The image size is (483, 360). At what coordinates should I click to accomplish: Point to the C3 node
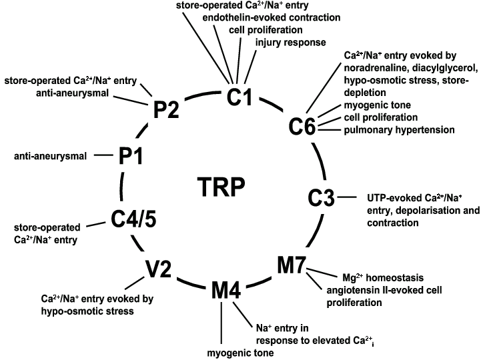[324, 197]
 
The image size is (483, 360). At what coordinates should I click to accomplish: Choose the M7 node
[291, 265]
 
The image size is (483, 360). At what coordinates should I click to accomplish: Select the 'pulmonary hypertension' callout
[400, 129]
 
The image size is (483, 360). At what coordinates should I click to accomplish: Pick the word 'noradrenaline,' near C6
[373, 68]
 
